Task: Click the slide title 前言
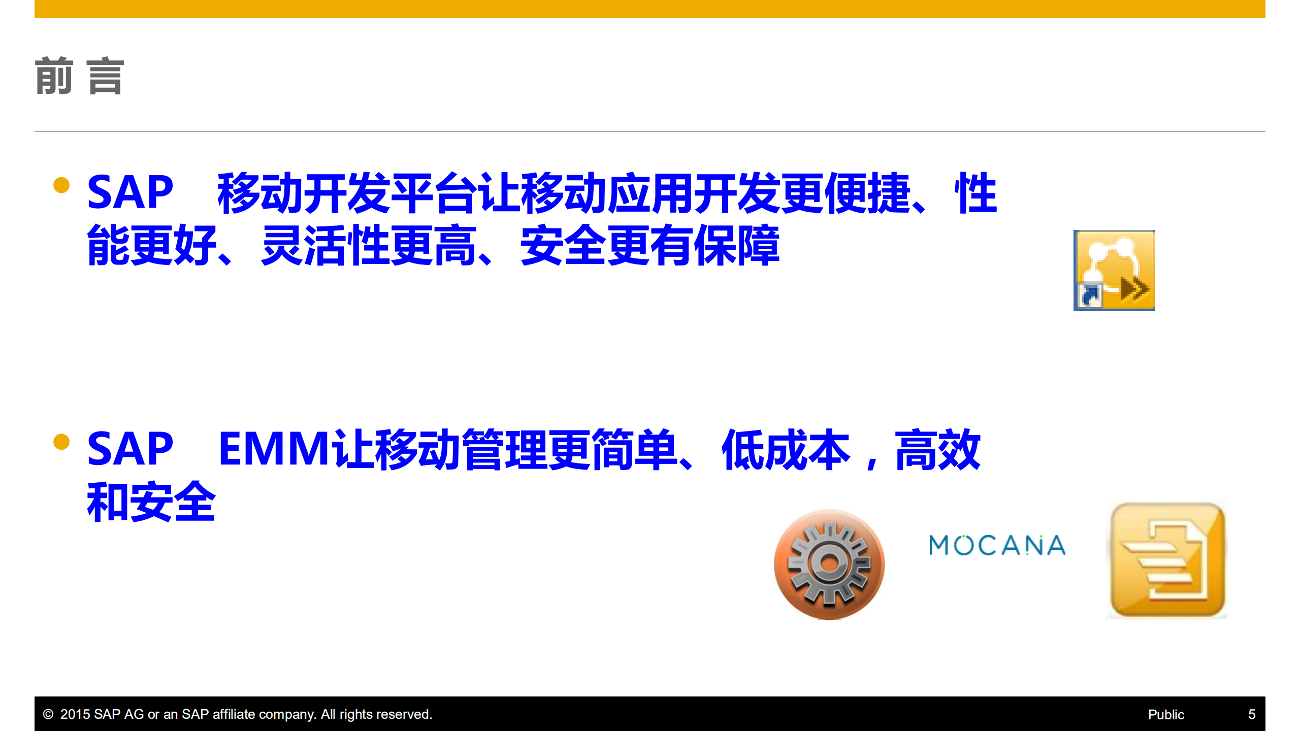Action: click(x=79, y=76)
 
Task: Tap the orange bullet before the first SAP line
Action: click(x=61, y=185)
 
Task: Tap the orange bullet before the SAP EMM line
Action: click(x=61, y=442)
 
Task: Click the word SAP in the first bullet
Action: click(x=130, y=192)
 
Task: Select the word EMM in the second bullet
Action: click(x=274, y=449)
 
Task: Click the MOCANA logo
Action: click(x=997, y=546)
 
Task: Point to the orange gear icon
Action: click(x=829, y=564)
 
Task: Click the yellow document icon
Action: click(x=1167, y=560)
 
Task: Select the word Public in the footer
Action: click(x=1166, y=715)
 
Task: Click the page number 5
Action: click(x=1252, y=715)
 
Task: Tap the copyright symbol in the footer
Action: click(x=48, y=715)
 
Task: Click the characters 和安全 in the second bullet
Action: click(x=151, y=502)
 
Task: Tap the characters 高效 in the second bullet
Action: click(x=937, y=450)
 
